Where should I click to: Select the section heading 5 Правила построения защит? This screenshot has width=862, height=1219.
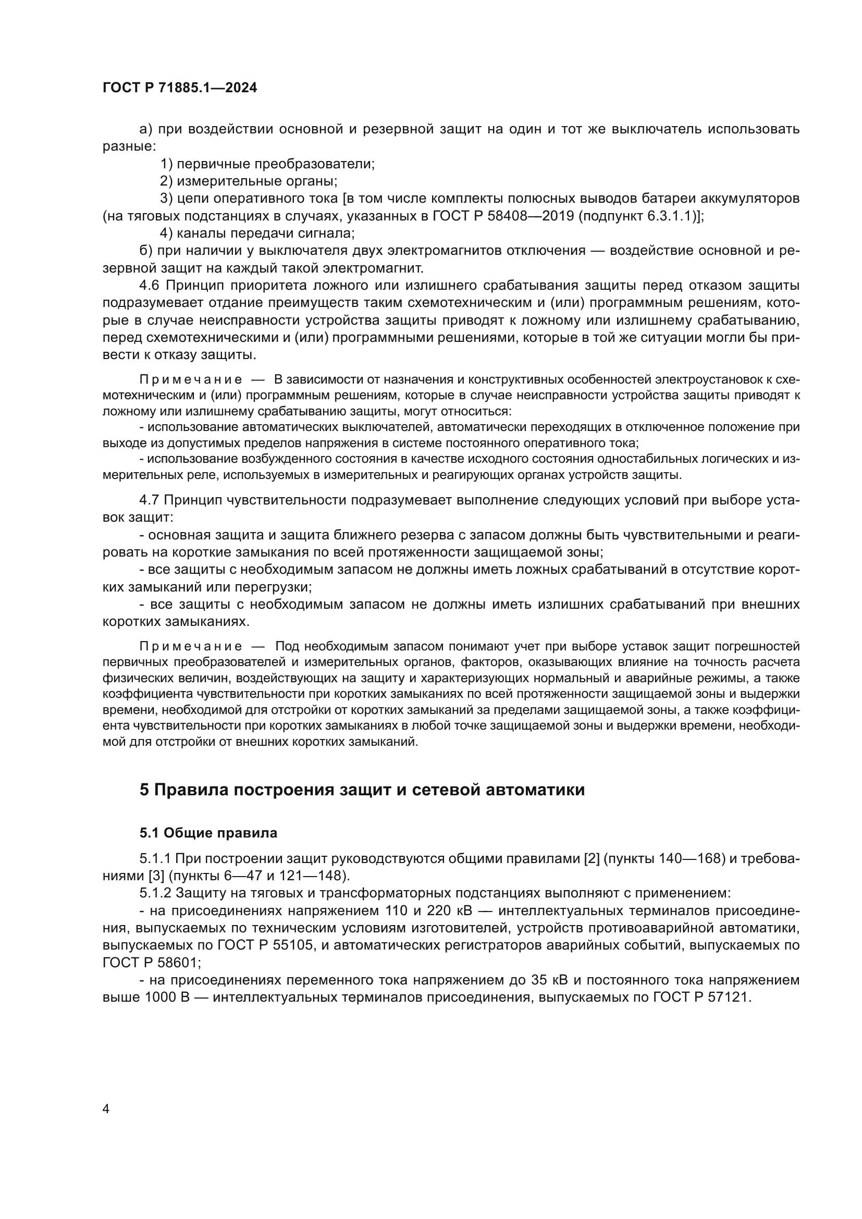point(362,790)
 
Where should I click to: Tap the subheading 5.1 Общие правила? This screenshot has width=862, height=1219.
point(208,832)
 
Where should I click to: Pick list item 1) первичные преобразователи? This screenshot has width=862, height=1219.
point(267,164)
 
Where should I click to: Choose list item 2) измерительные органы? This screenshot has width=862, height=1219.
point(249,181)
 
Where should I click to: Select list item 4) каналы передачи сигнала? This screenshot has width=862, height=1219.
point(257,233)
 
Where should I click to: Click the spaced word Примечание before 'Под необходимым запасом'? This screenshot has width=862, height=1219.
point(191,647)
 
